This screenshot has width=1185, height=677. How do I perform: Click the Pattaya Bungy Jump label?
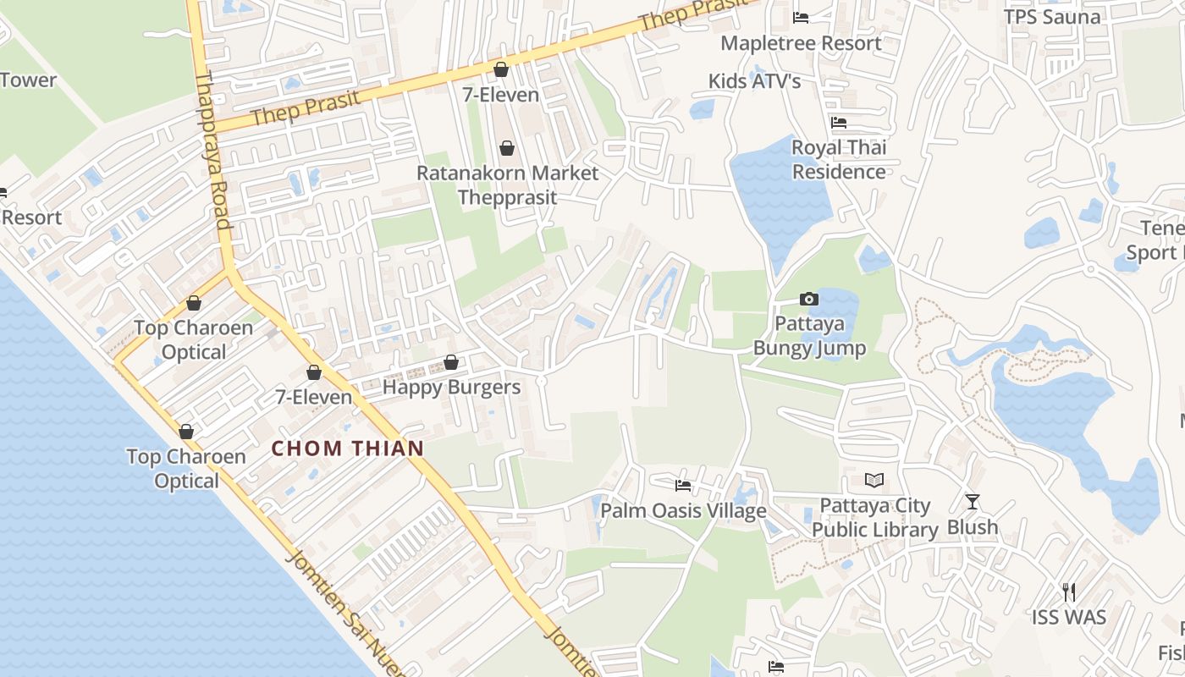[x=809, y=336]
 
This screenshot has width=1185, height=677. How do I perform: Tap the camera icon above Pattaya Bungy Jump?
[x=809, y=299]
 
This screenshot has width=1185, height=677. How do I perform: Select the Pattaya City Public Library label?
[x=875, y=518]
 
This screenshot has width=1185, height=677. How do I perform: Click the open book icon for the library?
[x=874, y=481]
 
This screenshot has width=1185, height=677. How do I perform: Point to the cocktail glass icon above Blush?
[x=973, y=502]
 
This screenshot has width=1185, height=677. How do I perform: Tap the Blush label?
[x=973, y=527]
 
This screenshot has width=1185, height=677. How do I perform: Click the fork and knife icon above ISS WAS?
[x=1069, y=592]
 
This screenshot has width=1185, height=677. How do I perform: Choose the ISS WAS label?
[x=1069, y=617]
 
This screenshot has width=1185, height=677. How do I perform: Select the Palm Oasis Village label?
[x=683, y=511]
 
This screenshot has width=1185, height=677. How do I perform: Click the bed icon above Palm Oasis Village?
[x=683, y=486]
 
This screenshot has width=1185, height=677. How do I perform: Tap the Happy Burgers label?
[x=451, y=388]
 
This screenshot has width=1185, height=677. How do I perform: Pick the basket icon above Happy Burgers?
[x=451, y=362]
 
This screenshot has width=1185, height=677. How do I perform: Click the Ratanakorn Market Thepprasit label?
[x=507, y=185]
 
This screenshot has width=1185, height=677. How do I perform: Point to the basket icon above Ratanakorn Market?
[x=507, y=149]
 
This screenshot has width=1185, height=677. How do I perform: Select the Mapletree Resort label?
[x=801, y=43]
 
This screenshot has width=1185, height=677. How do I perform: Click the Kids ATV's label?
[x=754, y=81]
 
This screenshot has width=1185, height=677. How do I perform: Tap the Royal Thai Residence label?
[x=839, y=159]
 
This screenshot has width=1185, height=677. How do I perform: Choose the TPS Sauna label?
[x=1052, y=17]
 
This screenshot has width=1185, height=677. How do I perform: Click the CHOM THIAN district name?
[x=348, y=449]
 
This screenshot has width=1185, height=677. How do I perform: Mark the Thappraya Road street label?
[x=212, y=151]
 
